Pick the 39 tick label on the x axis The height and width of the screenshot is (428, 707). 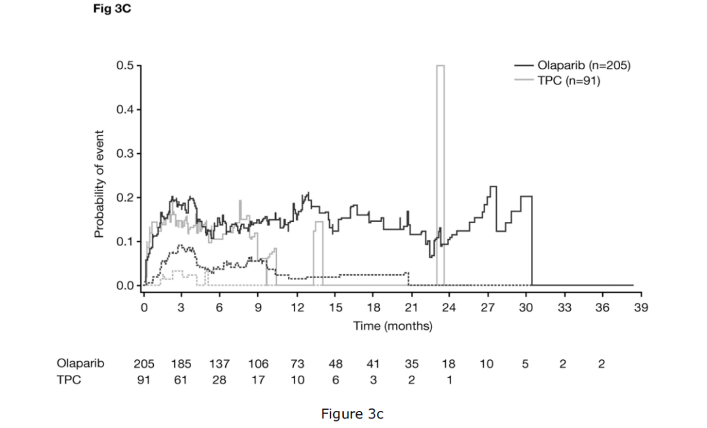640,307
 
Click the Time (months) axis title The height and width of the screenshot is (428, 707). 393,326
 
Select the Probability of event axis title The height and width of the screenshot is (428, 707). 99,176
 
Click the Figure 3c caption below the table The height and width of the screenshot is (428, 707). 352,414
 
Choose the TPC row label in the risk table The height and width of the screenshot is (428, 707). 69,379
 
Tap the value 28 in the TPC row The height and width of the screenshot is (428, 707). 219,379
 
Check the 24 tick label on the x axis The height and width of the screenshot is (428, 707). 449,307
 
